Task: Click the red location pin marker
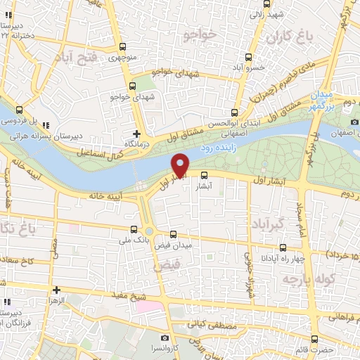(x=181, y=165)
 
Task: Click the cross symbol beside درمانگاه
(x=137, y=134)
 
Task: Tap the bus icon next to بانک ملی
(x=134, y=229)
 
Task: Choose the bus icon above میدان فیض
(x=174, y=233)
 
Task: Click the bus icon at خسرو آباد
(x=247, y=57)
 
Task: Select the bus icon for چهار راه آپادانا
(x=283, y=247)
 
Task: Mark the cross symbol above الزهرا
(x=56, y=289)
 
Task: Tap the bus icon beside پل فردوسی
(x=18, y=109)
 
